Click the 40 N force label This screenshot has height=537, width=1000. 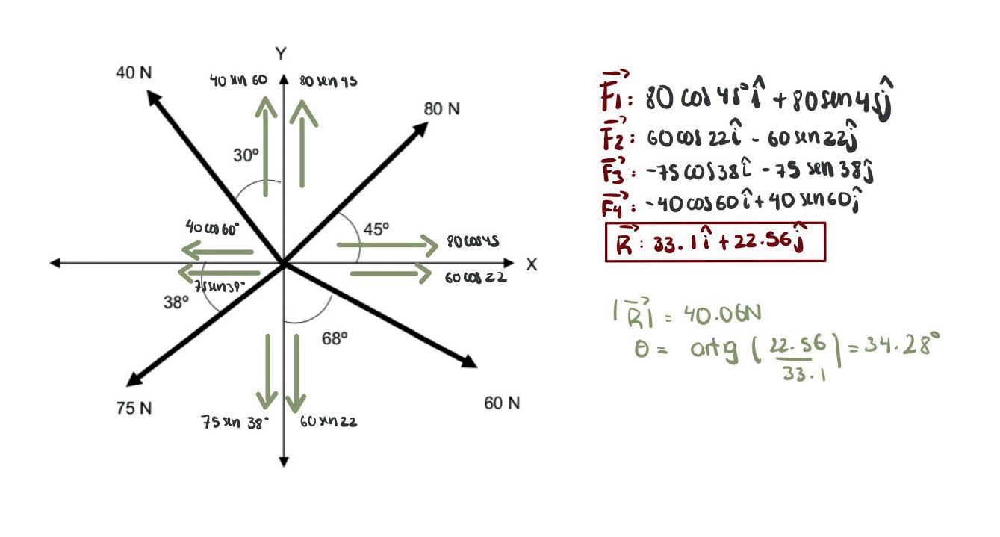pos(134,73)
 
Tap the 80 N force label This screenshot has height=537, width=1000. pos(442,109)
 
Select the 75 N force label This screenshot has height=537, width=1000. pos(134,408)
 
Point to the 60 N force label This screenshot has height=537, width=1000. pos(502,403)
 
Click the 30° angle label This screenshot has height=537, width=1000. pos(246,156)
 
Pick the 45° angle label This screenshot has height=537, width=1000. pos(376,229)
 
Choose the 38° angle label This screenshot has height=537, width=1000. pos(176,302)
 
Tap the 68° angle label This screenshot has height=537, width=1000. pos(335,338)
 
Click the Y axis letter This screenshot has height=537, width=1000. pos(280,54)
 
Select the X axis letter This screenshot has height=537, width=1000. pos(531,265)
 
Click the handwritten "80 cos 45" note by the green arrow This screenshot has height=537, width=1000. pos(473,242)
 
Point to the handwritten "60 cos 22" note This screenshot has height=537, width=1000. pos(476,278)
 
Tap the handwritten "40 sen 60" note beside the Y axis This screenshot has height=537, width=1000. pos(238,81)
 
